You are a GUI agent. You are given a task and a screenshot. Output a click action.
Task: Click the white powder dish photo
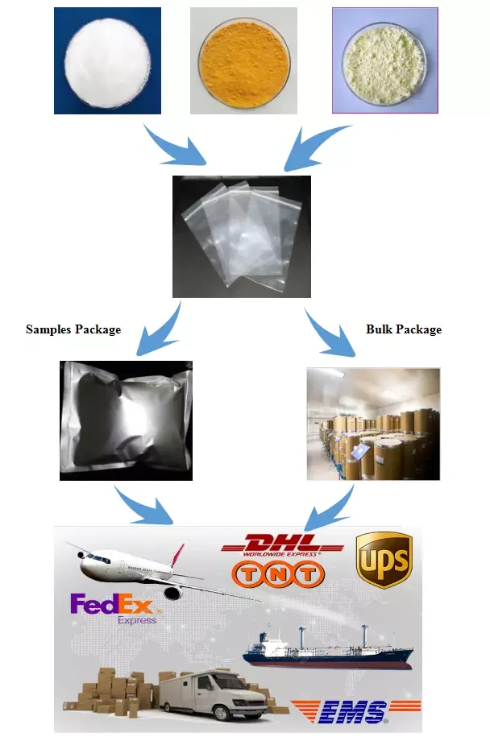coord(107,60)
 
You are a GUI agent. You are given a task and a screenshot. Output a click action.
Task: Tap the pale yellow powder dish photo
coord(384,60)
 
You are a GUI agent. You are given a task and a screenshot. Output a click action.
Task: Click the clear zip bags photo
coord(242,237)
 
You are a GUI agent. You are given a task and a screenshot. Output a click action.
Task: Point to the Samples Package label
coord(73,329)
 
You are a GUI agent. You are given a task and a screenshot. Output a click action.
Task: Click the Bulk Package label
coord(404,329)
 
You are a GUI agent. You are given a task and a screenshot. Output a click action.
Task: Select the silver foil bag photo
coord(127,420)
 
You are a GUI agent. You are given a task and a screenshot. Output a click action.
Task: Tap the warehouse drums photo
coord(373,424)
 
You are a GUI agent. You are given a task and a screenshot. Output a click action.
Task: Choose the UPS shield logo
coord(384,559)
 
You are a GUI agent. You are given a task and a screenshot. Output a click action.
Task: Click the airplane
coord(137,569)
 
